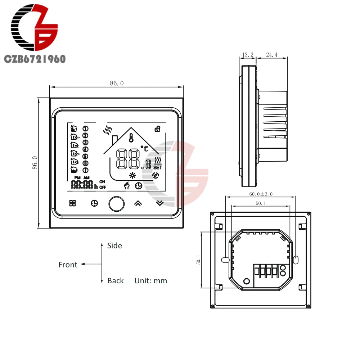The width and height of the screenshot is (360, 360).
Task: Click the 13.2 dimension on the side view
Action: click(x=248, y=55)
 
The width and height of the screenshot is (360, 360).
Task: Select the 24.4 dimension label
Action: click(x=271, y=55)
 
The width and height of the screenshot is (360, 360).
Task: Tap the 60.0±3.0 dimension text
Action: click(x=261, y=194)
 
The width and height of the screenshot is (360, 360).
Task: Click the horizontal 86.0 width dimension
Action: click(x=117, y=83)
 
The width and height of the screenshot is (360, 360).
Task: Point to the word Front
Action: click(x=68, y=265)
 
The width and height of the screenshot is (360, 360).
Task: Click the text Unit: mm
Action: click(x=150, y=280)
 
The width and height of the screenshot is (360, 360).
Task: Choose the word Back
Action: click(x=116, y=280)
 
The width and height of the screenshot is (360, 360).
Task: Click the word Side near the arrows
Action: click(x=114, y=246)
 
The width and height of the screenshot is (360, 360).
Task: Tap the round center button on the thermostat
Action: click(x=117, y=204)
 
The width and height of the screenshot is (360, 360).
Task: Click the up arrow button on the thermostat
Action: click(x=138, y=203)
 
